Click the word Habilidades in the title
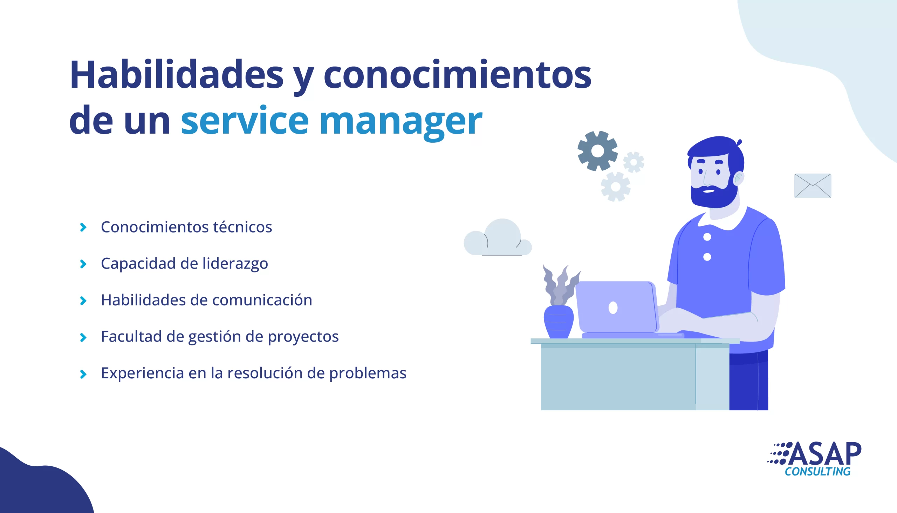click(x=176, y=75)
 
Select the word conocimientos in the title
click(x=457, y=75)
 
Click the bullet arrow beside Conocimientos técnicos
click(x=83, y=227)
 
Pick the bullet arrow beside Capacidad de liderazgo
click(x=83, y=264)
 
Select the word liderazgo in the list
click(x=235, y=264)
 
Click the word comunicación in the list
click(x=262, y=300)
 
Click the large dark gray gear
click(x=597, y=151)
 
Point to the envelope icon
click(x=813, y=186)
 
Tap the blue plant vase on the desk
click(x=559, y=322)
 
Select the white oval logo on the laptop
click(x=613, y=308)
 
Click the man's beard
click(x=714, y=196)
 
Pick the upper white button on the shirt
click(x=707, y=237)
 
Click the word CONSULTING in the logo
click(x=817, y=471)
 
